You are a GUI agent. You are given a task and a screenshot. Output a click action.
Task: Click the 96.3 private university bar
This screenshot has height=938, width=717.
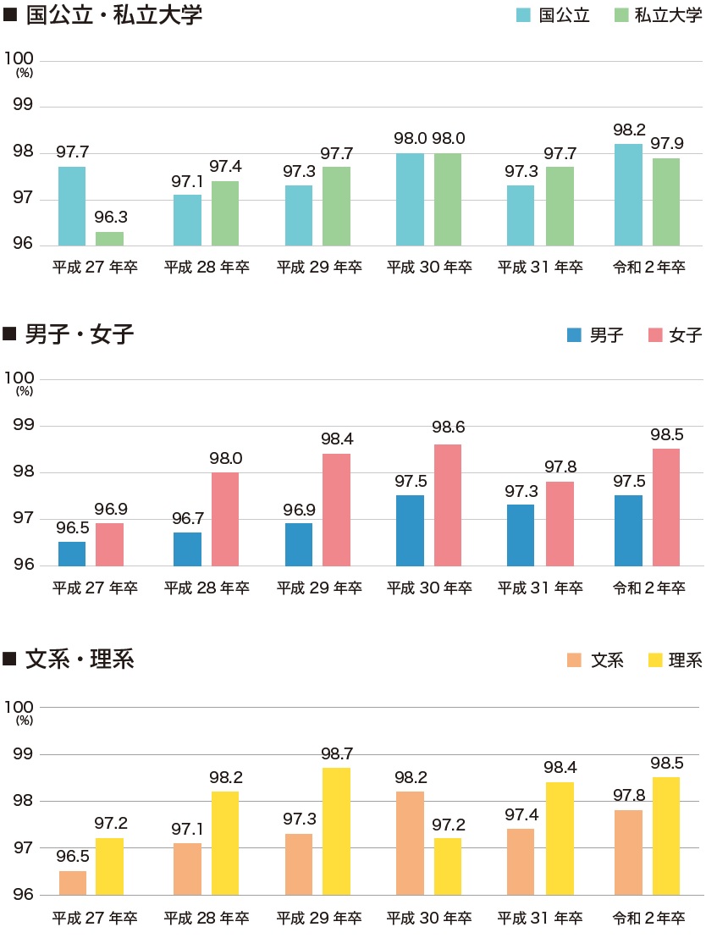[109, 239]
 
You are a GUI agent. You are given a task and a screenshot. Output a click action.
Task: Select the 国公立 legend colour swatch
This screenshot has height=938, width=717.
[524, 15]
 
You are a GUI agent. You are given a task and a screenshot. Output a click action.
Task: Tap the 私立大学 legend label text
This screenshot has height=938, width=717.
[669, 15]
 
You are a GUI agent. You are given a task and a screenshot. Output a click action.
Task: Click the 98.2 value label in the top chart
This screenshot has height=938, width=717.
[629, 130]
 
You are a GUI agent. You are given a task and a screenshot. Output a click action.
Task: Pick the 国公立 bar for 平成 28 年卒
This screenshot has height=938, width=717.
[187, 220]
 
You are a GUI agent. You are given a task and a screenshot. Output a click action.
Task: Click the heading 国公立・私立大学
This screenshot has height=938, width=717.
[114, 15]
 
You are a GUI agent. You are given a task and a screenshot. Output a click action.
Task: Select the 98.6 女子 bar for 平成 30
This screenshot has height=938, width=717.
[448, 505]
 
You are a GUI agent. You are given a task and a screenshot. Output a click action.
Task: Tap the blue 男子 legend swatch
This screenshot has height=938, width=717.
[574, 335]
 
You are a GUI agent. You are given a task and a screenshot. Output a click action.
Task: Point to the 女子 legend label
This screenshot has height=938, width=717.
[686, 335]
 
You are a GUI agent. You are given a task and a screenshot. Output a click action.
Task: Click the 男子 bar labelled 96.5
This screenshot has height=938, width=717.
[72, 554]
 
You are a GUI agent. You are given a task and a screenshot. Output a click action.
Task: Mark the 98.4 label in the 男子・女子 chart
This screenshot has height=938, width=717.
[337, 439]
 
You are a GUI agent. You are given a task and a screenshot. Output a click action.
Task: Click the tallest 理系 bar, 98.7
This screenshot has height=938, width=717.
[337, 830]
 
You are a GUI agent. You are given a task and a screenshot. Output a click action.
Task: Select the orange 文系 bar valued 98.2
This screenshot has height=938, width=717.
[410, 842]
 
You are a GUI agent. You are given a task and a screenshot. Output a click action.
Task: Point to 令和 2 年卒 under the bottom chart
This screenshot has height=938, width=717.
[649, 918]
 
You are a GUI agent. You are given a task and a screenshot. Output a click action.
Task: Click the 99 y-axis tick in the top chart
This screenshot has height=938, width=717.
[22, 106]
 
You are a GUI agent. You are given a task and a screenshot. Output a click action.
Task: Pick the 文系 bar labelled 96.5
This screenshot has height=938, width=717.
[72, 882]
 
